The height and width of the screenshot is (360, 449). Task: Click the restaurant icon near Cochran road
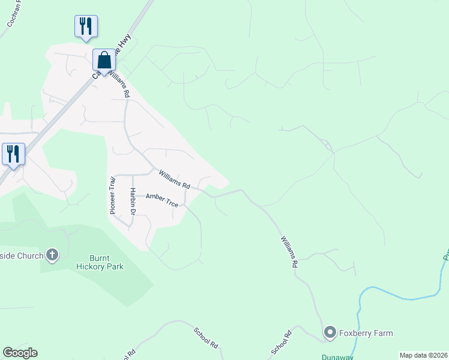pyautogui.click(x=86, y=26)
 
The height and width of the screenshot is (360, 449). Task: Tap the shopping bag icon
pyautogui.click(x=104, y=61)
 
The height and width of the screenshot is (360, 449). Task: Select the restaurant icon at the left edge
pyautogui.click(x=13, y=154)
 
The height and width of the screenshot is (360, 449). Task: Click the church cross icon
pyautogui.click(x=52, y=256)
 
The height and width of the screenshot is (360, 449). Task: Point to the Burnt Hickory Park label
pyautogui.click(x=100, y=262)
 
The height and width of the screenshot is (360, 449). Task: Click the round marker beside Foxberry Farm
pyautogui.click(x=330, y=332)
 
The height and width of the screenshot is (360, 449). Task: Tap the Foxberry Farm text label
pyautogui.click(x=366, y=333)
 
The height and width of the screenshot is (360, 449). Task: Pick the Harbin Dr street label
pyautogui.click(x=133, y=202)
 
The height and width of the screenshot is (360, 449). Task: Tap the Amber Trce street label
pyautogui.click(x=161, y=200)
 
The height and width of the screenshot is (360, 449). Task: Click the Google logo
pyautogui.click(x=19, y=353)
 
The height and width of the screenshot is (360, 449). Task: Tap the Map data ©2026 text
pyautogui.click(x=423, y=355)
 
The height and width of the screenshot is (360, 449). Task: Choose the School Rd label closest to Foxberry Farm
pyautogui.click(x=281, y=341)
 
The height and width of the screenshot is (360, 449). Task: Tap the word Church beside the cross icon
pyautogui.click(x=30, y=256)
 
